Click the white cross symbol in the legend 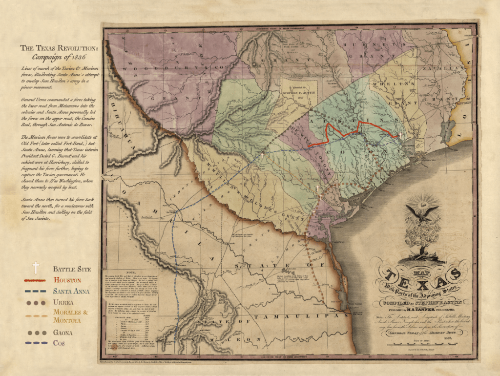pos(35,267)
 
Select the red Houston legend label pos(68,280)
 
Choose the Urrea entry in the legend pos(64,303)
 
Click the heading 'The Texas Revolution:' pos(59,48)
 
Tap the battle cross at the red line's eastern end pos(400,135)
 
